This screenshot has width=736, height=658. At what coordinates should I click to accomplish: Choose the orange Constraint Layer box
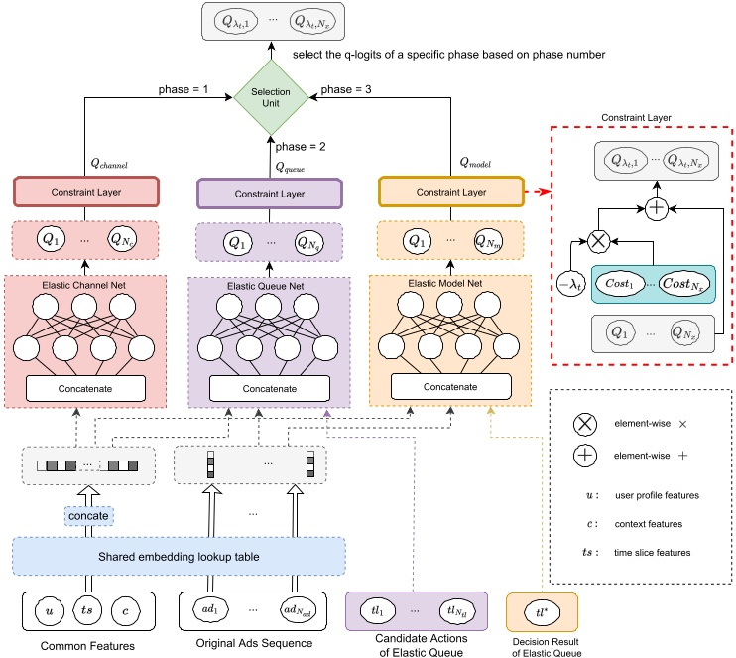450,191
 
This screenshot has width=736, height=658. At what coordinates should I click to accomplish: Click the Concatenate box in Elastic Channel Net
85,388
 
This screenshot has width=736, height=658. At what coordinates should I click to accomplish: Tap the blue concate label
88,516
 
